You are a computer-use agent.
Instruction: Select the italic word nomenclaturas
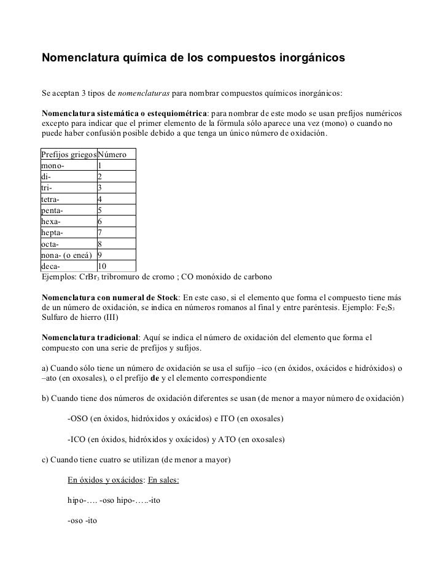tap(144, 94)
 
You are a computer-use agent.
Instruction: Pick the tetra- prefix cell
tap(54, 199)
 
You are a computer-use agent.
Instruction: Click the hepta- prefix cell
tap(55, 233)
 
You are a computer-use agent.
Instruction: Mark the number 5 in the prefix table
tap(100, 211)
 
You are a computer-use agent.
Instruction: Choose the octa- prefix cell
tap(53, 244)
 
